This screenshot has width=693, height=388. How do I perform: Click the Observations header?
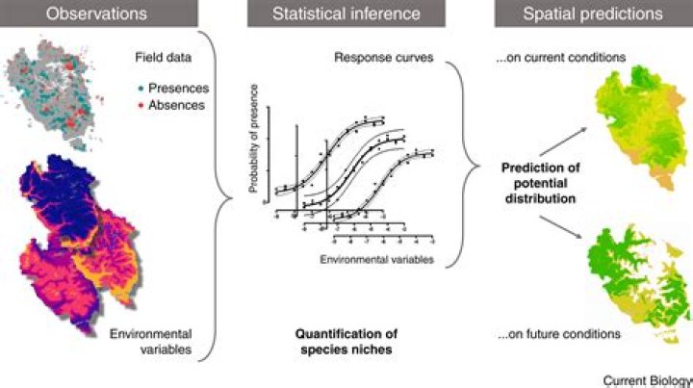click(93, 14)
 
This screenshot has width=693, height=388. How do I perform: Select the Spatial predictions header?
click(593, 14)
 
